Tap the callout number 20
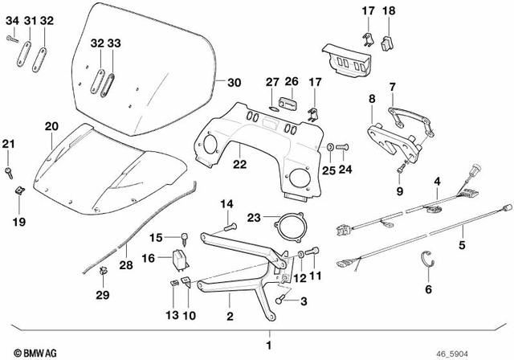51,126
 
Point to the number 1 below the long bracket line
269,346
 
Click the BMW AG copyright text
27,351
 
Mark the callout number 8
371,99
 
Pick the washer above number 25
330,147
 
